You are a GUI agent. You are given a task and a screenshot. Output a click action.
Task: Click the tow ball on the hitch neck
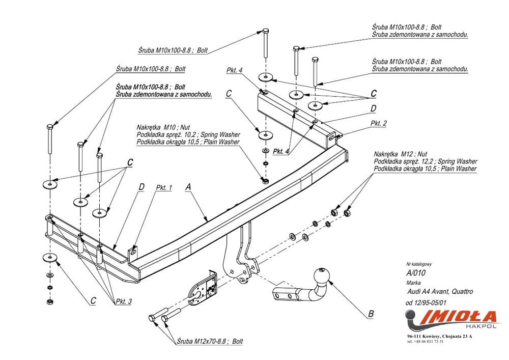(322, 275)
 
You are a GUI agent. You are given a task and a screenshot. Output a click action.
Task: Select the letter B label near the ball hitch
(371, 314)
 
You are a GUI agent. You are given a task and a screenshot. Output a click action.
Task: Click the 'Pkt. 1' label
(164, 187)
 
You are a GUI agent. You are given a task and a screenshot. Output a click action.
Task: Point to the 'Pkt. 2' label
(379, 123)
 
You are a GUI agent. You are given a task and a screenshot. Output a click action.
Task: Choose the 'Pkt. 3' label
(124, 301)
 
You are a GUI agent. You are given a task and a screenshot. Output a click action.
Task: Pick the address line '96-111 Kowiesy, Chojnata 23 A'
(439, 337)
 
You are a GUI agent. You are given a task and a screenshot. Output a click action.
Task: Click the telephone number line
(425, 342)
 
